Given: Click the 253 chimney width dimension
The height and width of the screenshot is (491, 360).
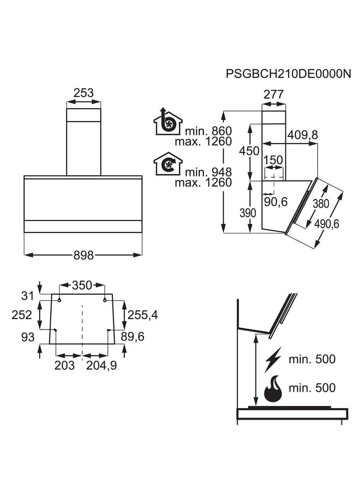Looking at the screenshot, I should click(x=83, y=93).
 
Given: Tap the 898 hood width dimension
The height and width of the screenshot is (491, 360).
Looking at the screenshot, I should click(x=83, y=255).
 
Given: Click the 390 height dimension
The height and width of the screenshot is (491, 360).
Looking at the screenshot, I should click(x=248, y=213).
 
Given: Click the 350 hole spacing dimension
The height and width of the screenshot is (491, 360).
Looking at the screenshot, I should click(x=82, y=285).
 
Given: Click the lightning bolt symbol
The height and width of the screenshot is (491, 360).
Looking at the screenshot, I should click(x=273, y=360).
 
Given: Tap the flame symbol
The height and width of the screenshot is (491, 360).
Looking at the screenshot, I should click(x=273, y=388).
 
